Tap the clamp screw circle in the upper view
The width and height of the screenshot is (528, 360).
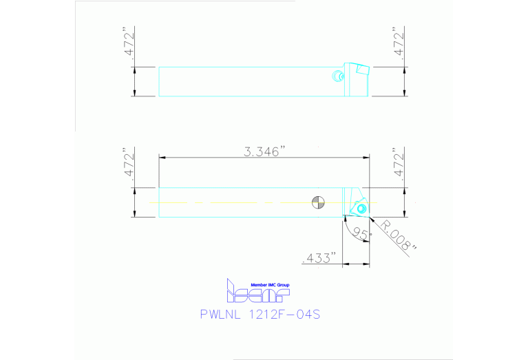pos(337,76)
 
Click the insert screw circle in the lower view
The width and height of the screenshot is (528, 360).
pos(362,207)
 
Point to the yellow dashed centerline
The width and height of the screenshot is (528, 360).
pos(227,202)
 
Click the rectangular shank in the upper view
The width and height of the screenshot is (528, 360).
pos(248,81)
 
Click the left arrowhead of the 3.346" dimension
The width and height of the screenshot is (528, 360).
pos(162,157)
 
